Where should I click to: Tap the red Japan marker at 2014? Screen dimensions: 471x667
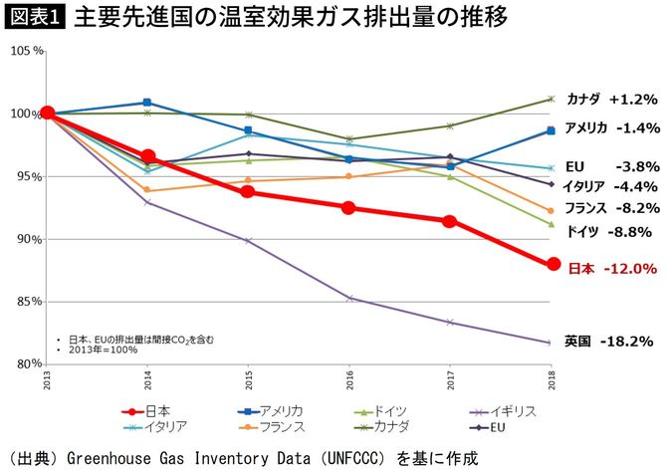click(x=147, y=156)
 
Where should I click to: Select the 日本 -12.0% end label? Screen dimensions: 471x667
click(x=612, y=269)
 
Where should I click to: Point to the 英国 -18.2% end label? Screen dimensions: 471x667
click(x=608, y=341)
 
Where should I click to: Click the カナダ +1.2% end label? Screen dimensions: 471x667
click(x=612, y=100)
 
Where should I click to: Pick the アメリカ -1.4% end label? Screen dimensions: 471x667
click(x=612, y=128)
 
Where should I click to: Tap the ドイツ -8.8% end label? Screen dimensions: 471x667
click(x=608, y=231)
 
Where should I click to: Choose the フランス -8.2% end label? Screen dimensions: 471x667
click(x=612, y=208)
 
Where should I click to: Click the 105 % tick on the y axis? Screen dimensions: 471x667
click(x=23, y=51)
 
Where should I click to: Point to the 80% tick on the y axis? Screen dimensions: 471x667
click(x=26, y=364)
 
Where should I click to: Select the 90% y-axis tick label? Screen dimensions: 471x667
click(x=26, y=239)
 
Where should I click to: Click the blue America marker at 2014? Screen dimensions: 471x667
click(x=147, y=103)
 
